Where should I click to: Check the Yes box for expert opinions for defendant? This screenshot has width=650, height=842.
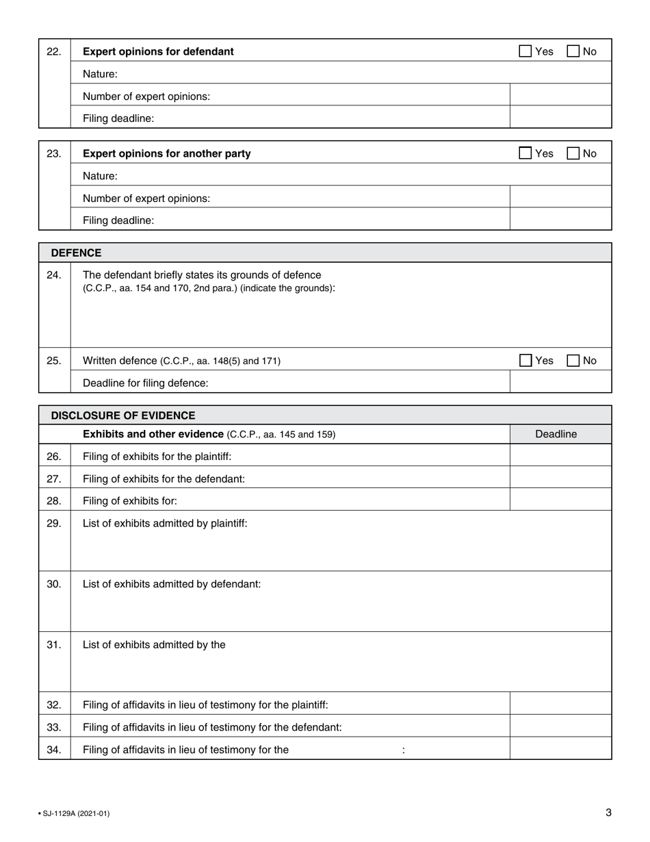525,51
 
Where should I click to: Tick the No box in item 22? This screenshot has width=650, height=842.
573,51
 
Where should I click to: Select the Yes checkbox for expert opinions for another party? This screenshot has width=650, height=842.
525,153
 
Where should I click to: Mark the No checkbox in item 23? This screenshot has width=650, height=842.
573,153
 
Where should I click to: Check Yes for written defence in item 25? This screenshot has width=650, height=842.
525,360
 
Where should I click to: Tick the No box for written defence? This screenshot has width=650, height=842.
573,360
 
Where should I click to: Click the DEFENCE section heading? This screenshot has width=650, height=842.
76,253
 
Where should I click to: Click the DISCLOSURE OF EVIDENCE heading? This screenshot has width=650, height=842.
123,416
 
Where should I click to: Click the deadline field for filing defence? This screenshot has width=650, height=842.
560,383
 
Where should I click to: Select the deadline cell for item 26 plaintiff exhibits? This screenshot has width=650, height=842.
560,456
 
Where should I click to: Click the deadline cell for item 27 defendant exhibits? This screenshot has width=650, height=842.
560,479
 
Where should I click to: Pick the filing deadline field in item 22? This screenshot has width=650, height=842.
560,118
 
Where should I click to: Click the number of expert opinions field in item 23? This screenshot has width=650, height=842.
560,198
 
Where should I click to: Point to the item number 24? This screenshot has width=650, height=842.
54,275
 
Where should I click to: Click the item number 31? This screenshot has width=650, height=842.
54,644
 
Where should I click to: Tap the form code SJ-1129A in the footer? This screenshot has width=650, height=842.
75,813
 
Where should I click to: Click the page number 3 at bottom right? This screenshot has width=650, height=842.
608,813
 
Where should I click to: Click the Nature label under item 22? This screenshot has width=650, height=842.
100,74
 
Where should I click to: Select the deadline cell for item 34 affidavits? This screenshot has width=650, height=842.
560,749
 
